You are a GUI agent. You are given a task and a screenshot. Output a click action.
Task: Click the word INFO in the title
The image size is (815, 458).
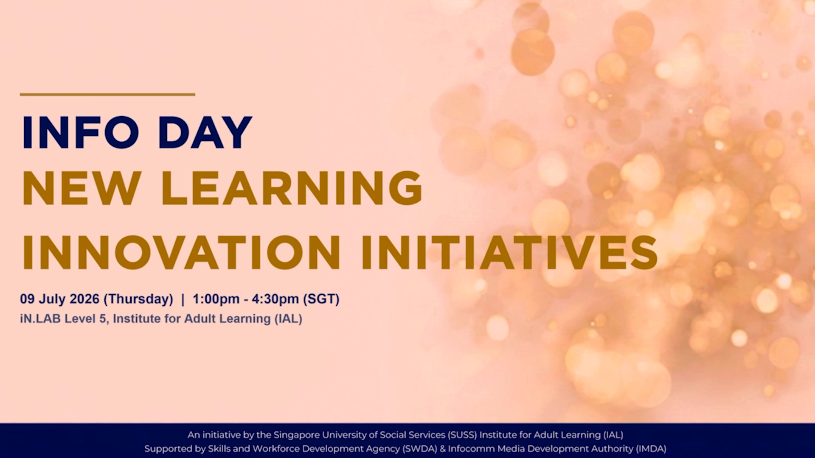click(x=81, y=132)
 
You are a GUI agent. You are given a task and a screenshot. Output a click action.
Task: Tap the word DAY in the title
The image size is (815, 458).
click(x=205, y=132)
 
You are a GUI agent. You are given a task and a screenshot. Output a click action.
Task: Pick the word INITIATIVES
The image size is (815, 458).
click(x=509, y=253)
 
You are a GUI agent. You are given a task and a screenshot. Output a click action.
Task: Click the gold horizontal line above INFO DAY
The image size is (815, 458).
click(x=107, y=94)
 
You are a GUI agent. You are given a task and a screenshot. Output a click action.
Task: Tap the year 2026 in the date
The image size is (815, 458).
click(x=84, y=299)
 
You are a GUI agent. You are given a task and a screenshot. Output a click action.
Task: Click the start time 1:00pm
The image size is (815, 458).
click(x=216, y=299)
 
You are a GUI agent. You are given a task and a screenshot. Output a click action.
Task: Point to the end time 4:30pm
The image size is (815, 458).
click(x=275, y=299)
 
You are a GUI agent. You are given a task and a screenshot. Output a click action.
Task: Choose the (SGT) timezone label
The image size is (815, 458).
click(x=321, y=299)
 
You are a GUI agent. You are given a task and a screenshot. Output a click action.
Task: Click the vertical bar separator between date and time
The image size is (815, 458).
click(x=183, y=299)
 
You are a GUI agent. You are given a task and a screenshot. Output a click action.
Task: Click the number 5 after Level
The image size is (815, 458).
click(x=102, y=318)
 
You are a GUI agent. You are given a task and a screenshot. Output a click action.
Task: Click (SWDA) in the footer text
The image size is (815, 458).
click(x=420, y=449)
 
